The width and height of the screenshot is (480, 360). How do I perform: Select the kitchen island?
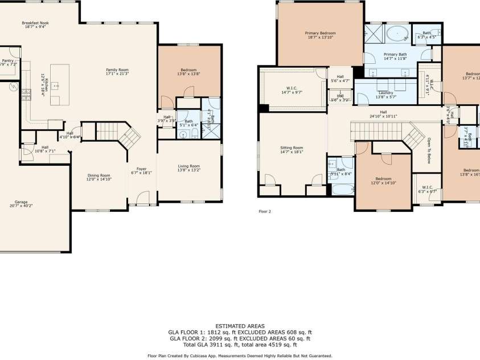coord(59,85)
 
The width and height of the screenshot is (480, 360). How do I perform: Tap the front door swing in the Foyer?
coord(142,198)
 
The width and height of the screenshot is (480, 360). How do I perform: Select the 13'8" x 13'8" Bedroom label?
coord(188,72)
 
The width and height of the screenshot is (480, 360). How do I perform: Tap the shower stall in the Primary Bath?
coord(373,32)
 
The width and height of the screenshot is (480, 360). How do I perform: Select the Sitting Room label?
coord(292,149)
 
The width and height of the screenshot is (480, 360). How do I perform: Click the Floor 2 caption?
coord(265,211)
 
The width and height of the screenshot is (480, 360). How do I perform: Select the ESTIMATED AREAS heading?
coord(240,325)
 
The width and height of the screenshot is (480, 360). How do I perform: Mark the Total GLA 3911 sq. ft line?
coord(240,345)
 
